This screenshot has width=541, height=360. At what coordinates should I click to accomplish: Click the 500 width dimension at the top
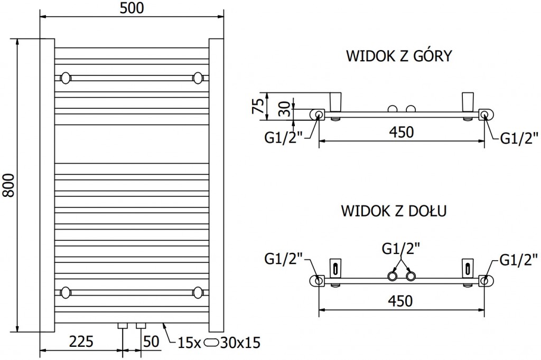(132, 8)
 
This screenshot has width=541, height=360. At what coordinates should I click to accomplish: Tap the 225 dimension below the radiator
(81, 342)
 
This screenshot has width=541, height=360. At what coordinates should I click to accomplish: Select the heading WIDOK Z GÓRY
(398, 56)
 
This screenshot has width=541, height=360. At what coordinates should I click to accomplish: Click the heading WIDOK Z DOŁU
(395, 211)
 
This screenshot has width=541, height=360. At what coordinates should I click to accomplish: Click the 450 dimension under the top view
(401, 132)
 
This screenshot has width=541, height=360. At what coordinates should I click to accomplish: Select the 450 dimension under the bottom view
(401, 301)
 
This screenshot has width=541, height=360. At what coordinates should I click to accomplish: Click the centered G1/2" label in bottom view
(401, 248)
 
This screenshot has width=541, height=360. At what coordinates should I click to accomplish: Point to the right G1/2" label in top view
(518, 139)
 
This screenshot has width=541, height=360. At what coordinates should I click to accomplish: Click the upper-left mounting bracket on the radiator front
(66, 78)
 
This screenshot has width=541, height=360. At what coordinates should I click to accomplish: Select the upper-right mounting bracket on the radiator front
(198, 78)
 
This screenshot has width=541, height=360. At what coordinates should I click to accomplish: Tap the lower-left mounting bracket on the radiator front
(66, 291)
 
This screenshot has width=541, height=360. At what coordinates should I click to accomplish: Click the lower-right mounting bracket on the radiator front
(198, 291)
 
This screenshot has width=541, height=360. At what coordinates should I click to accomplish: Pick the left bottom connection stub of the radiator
(123, 325)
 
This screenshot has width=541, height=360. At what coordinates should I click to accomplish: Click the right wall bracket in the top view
(468, 101)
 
